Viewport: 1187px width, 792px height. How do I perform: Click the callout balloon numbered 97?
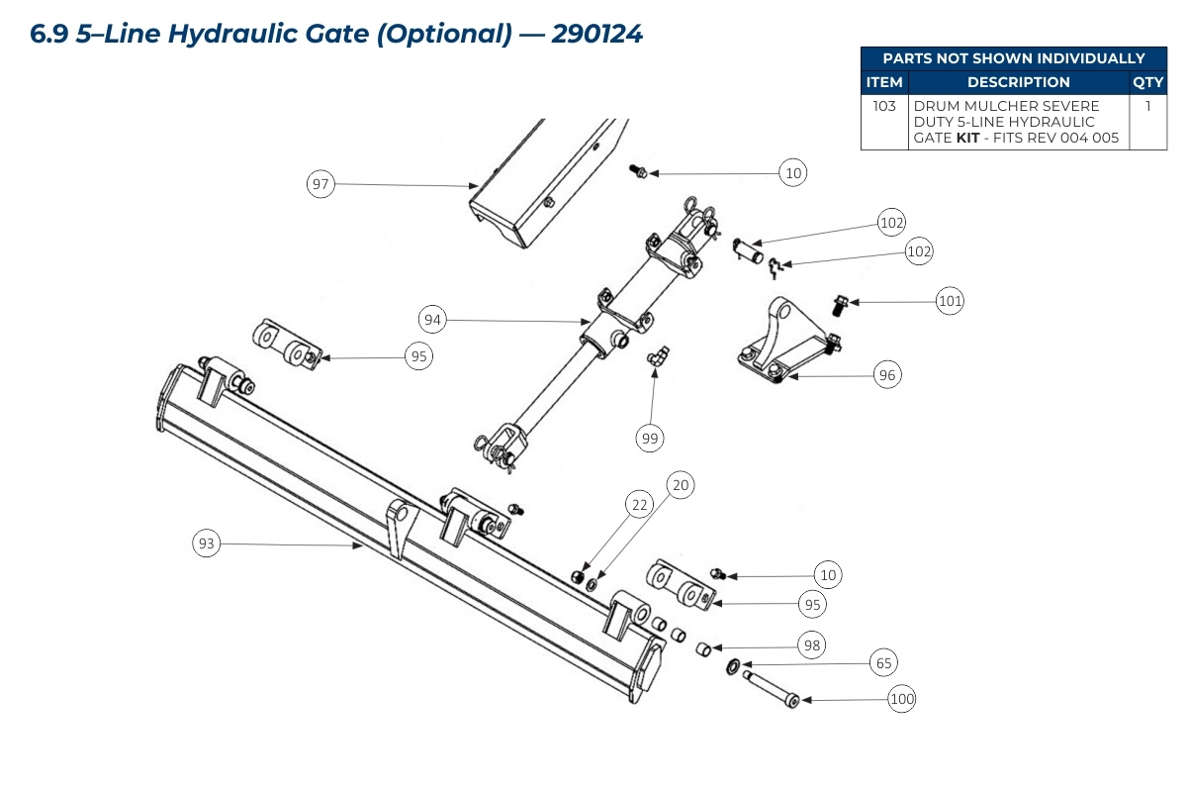pos(320,184)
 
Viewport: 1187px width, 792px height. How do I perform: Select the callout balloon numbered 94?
pos(432,320)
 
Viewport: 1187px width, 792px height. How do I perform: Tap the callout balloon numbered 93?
pos(206,544)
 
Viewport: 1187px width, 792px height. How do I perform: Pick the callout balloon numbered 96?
pos(887,375)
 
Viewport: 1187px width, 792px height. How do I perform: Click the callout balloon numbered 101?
pos(950,301)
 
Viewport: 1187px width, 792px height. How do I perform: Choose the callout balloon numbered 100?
pos(902,700)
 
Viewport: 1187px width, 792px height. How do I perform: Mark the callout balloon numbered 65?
pos(884,662)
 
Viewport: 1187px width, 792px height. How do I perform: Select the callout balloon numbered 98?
pos(812,645)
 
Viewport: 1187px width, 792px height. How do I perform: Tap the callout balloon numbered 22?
pos(640,505)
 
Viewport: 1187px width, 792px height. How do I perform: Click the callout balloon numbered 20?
pos(680,485)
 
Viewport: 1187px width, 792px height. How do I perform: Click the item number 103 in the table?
pos(884,105)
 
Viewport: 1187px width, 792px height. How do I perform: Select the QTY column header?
pos(1147,82)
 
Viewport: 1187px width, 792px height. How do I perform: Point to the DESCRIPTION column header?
pos(1018,82)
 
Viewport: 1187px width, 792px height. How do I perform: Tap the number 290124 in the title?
pos(597,34)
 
